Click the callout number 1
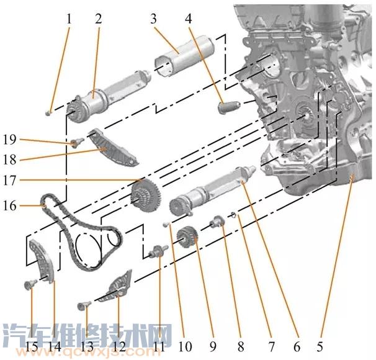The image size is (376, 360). click(x=69, y=19)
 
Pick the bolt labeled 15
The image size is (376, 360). click(x=29, y=285)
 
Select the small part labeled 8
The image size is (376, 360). click(x=218, y=221)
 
